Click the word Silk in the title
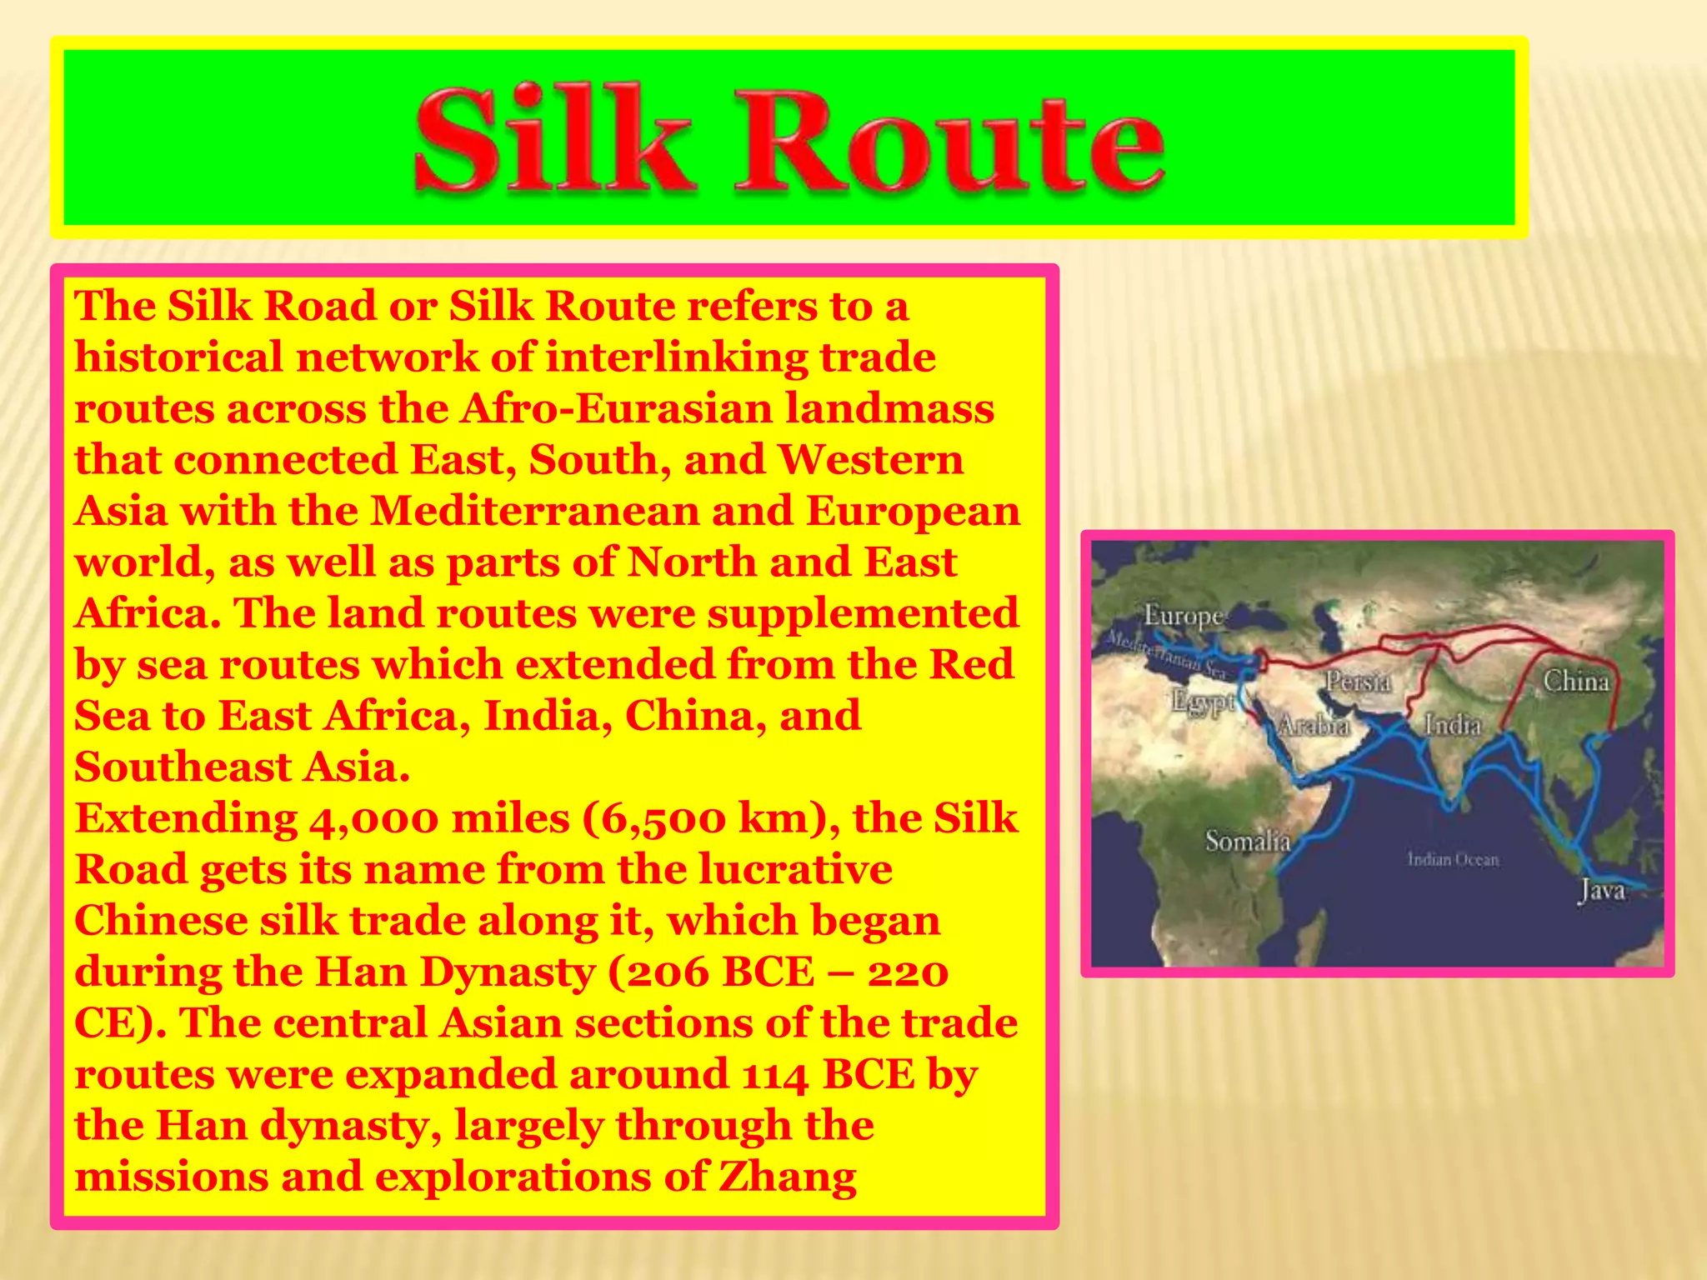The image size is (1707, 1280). (x=553, y=140)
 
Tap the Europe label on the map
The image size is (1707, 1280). (x=1183, y=616)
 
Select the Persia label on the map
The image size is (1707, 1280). (x=1359, y=682)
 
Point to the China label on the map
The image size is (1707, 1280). (x=1575, y=682)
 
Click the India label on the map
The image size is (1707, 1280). (x=1453, y=725)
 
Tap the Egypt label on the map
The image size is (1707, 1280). (x=1203, y=702)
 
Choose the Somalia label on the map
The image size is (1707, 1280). (x=1248, y=841)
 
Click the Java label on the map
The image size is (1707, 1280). (x=1602, y=890)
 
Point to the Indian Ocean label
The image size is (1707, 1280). (x=1453, y=859)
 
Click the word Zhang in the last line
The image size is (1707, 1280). (x=787, y=1177)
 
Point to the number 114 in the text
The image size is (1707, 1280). (x=774, y=1075)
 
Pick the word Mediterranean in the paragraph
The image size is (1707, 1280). (x=534, y=511)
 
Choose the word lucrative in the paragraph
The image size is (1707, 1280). (x=795, y=870)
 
